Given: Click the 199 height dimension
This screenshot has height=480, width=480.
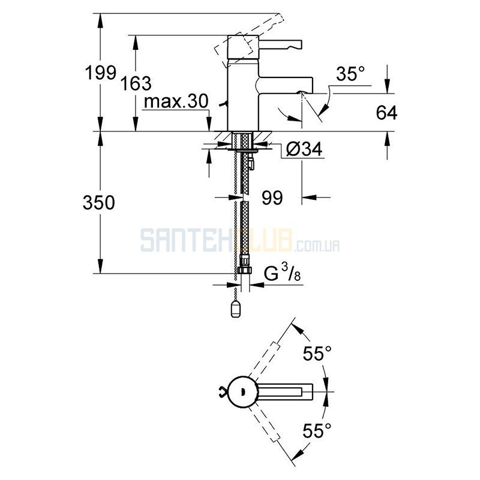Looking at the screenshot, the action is coord(101,73).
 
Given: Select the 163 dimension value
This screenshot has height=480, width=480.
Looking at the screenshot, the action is coord(136,83).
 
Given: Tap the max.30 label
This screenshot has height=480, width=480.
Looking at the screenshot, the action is coord(176,101).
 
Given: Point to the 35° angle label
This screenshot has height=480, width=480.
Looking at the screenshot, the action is coord(350,74).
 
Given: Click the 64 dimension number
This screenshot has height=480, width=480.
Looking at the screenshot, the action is coord(386,112).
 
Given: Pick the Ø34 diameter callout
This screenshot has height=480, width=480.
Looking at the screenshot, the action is coord(304,149).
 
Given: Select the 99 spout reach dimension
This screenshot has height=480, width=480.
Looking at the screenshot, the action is coord(272,198).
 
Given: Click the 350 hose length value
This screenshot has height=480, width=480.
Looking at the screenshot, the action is coord(98,203).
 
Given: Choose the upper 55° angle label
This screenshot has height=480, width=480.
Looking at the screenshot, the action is coord(317,353).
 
